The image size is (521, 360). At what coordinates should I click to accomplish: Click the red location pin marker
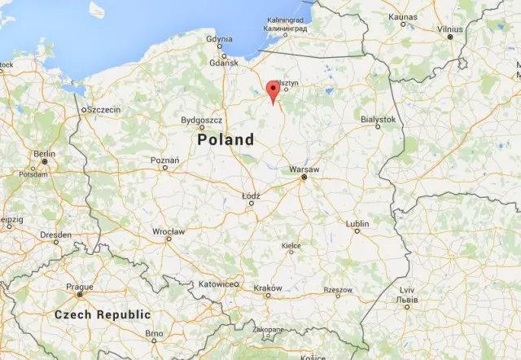[x=274, y=90]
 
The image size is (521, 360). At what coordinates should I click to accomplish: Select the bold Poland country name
[x=225, y=140]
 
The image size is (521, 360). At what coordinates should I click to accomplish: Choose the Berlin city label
[x=44, y=153]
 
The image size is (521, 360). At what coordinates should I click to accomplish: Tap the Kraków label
[x=267, y=288]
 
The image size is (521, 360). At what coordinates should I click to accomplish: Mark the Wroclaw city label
[x=169, y=231]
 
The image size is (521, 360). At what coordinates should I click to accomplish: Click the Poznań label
[x=164, y=160]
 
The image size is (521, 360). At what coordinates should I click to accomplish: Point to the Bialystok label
[x=378, y=119]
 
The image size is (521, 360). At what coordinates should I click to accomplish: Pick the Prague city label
[x=80, y=286]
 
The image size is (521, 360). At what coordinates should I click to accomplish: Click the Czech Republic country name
[x=103, y=314]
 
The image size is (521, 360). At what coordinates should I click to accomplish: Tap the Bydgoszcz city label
[x=201, y=120]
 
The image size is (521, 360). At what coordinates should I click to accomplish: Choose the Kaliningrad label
[x=287, y=20]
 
